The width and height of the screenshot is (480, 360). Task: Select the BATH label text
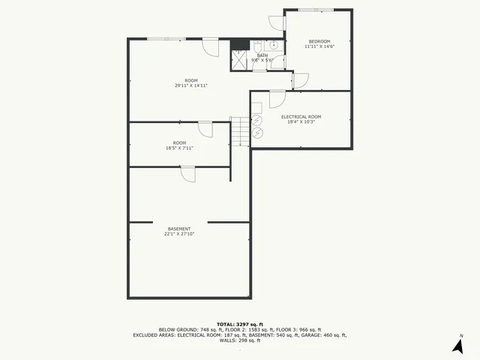[262, 55]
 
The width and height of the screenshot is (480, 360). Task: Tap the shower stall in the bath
[239, 60]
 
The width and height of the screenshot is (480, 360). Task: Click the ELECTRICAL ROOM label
[301, 116]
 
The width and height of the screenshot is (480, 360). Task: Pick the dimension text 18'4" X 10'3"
[301, 121]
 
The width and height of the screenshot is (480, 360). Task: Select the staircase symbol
[239, 132]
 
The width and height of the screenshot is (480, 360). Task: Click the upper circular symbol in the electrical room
[257, 120]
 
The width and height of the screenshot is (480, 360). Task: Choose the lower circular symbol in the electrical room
[258, 133]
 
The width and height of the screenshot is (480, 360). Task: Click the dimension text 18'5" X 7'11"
[180, 148]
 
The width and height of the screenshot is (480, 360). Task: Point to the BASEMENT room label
[178, 229]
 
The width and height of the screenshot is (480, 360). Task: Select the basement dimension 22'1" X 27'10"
[178, 234]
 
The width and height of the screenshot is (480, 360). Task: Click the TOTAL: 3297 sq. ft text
[240, 323]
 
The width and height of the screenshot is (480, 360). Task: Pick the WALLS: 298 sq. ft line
[240, 340]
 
